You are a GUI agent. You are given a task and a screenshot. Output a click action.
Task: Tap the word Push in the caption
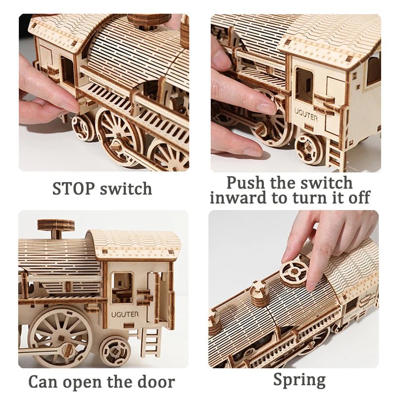(x=247, y=183)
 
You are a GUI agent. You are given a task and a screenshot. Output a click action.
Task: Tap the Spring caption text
(x=299, y=380)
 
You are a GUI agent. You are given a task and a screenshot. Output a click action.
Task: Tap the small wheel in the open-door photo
(x=115, y=350)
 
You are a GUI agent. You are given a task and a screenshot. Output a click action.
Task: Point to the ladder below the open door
(x=151, y=342)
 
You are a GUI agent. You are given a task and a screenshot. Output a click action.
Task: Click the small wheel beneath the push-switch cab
(x=310, y=148)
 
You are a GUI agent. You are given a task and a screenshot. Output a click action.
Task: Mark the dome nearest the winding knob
(x=259, y=294)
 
